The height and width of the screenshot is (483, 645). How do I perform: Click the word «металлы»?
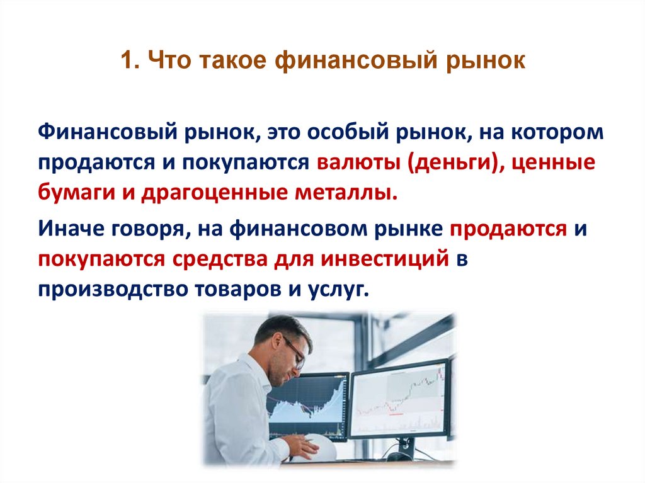coord(351,191)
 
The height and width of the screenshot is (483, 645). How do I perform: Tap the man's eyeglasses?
coord(295,349)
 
